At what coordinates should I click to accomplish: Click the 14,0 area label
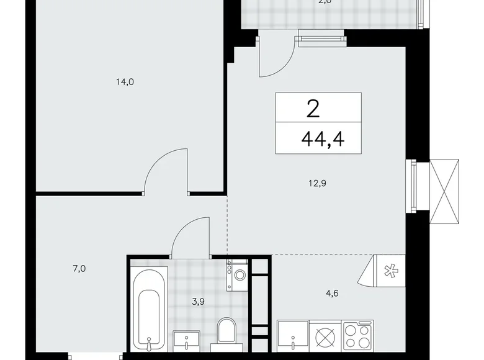pyautogui.click(x=125, y=81)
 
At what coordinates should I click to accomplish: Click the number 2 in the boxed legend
pyautogui.click(x=313, y=109)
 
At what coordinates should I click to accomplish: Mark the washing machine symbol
pyautogui.click(x=238, y=275)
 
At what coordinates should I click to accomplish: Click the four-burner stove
pyautogui.click(x=358, y=339)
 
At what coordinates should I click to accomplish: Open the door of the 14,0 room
pyautogui.click(x=166, y=170)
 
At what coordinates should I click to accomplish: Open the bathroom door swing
pyautogui.click(x=192, y=237)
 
